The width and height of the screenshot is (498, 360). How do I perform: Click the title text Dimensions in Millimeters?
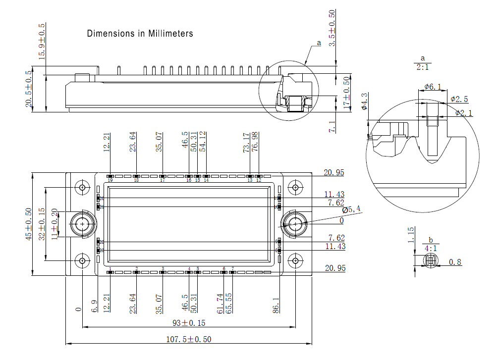pyautogui.click(x=140, y=34)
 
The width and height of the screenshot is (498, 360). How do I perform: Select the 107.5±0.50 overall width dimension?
pyautogui.click(x=189, y=339)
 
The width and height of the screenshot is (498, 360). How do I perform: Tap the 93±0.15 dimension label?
pyautogui.click(x=189, y=323)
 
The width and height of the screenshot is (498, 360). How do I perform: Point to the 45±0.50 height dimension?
pyautogui.click(x=29, y=224)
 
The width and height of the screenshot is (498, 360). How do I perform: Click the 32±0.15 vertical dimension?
pyautogui.click(x=42, y=224)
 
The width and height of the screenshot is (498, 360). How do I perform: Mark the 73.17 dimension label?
pyautogui.click(x=246, y=143)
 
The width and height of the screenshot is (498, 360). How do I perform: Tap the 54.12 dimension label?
pyautogui.click(x=203, y=141)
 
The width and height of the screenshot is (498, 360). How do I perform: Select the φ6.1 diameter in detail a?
pyautogui.click(x=433, y=87)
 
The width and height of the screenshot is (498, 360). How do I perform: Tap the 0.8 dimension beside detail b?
pyautogui.click(x=455, y=262)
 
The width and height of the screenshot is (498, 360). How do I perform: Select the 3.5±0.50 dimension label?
pyautogui.click(x=332, y=28)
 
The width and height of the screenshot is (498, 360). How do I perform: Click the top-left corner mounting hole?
pyautogui.click(x=82, y=188)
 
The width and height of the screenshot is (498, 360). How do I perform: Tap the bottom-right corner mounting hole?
pyautogui.click(x=296, y=260)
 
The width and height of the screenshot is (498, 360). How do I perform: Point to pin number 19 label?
pyautogui.click(x=110, y=180)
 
